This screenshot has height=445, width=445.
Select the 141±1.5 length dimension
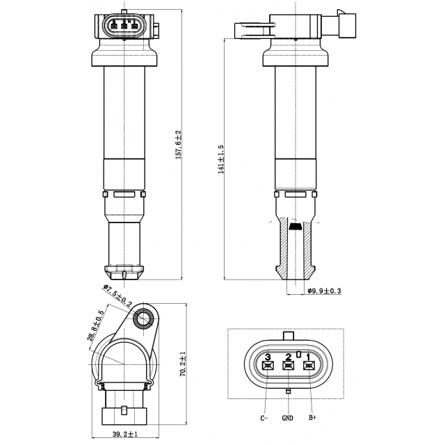click(x=221, y=159)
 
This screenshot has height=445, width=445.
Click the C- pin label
click(x=265, y=418)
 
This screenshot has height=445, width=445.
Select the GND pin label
click(x=288, y=418)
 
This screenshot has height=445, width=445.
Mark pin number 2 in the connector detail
click(x=288, y=357)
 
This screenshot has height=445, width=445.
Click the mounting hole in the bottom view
click(x=144, y=319)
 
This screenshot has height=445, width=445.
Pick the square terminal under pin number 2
click(x=288, y=366)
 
